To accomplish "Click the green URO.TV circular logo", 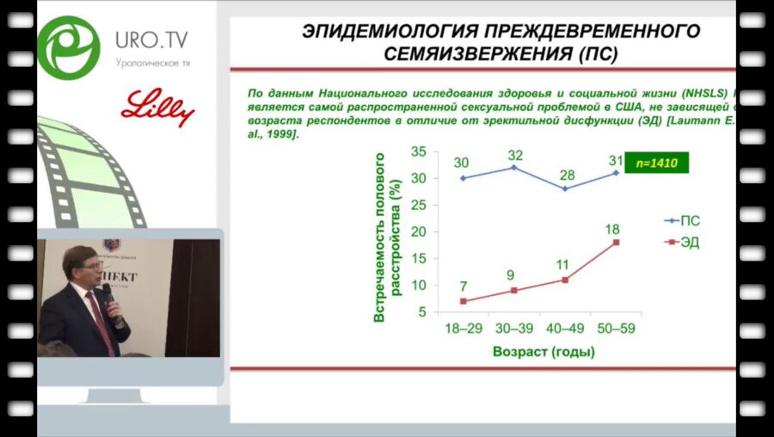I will (68, 48).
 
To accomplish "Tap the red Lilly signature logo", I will (158, 108).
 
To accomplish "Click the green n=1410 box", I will (660, 161).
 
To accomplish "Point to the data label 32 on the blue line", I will (515, 156).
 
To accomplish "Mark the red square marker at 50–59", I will (616, 243).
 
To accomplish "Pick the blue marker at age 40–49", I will (565, 188).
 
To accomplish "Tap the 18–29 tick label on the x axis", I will (464, 329).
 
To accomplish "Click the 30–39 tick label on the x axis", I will (514, 329).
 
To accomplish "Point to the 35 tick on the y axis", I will (419, 151).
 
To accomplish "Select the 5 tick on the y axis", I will (422, 312).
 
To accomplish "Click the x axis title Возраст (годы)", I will (544, 352).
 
